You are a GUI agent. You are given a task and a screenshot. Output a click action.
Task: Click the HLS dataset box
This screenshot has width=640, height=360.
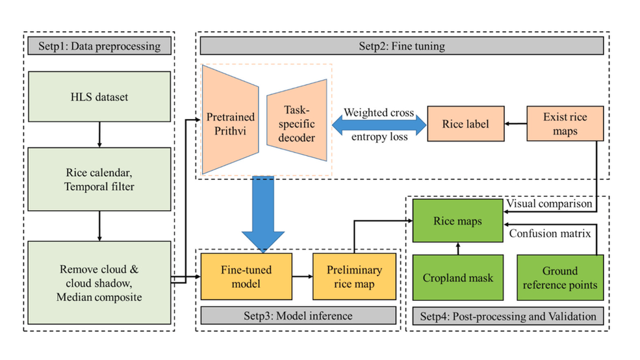99,97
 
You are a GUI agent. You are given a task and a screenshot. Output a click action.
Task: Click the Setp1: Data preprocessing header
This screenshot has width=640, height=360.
99,47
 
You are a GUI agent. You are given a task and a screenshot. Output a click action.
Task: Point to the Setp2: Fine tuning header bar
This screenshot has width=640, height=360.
402,47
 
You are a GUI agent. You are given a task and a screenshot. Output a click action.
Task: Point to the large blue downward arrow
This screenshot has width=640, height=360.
263,214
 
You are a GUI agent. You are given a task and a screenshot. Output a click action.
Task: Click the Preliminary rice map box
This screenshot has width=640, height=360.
354,277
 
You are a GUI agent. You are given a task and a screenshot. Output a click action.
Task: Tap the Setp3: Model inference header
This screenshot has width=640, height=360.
298,316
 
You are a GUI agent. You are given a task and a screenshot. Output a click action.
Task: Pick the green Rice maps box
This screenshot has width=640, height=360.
457,222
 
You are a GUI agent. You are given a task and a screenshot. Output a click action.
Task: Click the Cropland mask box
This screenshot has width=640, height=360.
457,277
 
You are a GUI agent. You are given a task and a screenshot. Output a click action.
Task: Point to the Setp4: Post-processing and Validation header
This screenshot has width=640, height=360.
507,316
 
